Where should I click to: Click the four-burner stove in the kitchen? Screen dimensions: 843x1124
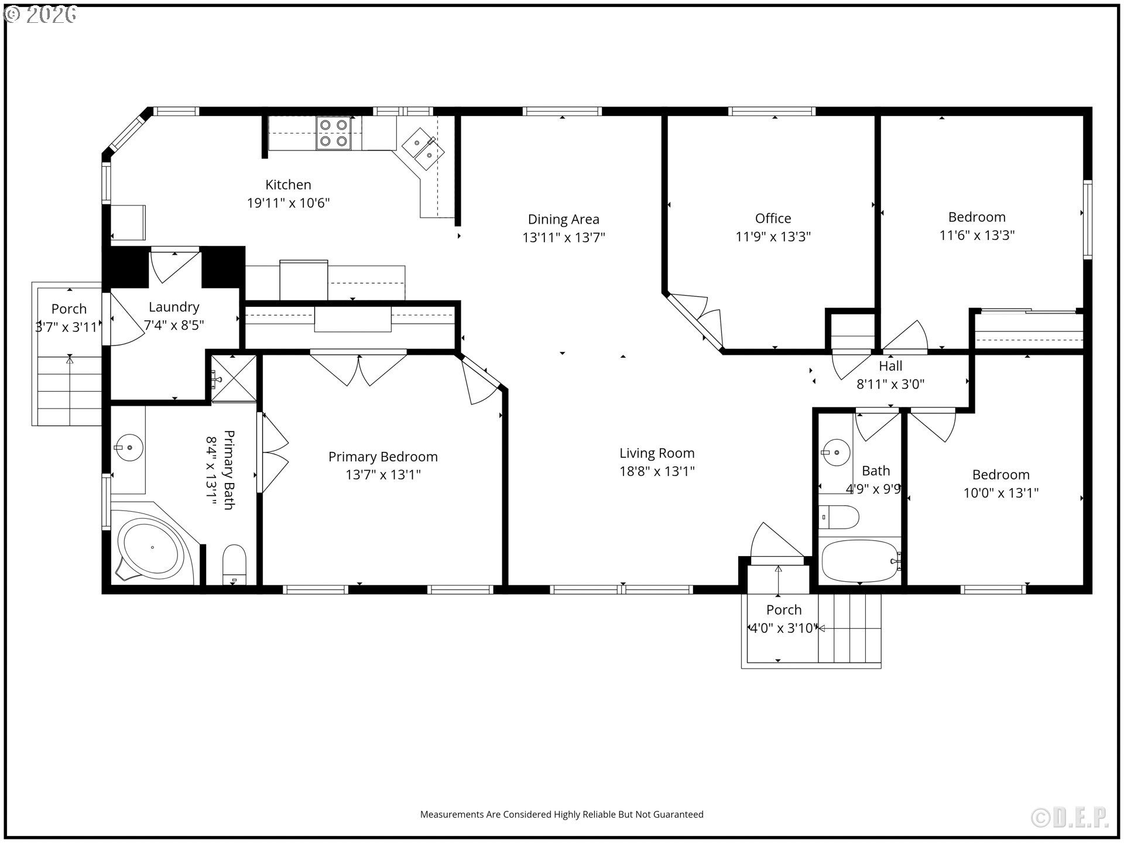pyautogui.click(x=334, y=133)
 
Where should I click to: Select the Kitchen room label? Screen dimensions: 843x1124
pyautogui.click(x=288, y=185)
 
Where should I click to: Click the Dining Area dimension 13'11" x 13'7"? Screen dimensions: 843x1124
pyautogui.click(x=563, y=238)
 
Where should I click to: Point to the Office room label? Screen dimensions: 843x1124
pyautogui.click(x=773, y=218)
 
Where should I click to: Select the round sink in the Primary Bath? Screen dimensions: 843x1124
pyautogui.click(x=129, y=448)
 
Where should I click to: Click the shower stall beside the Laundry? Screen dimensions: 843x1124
pyautogui.click(x=234, y=379)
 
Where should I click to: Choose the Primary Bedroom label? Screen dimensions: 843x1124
pyautogui.click(x=383, y=457)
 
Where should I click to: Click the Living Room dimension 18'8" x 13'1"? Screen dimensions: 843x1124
pyautogui.click(x=657, y=471)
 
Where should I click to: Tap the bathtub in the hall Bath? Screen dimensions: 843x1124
pyautogui.click(x=858, y=560)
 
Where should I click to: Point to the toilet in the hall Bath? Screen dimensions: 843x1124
pyautogui.click(x=838, y=517)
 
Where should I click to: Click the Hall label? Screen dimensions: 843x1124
pyautogui.click(x=890, y=366)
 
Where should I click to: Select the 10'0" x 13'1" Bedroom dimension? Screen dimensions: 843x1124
pyautogui.click(x=1000, y=493)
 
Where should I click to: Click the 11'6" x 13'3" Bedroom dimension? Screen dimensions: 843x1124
pyautogui.click(x=976, y=235)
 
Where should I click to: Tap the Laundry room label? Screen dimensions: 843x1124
pyautogui.click(x=174, y=307)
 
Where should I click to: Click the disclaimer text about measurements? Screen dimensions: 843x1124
pyautogui.click(x=561, y=814)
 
